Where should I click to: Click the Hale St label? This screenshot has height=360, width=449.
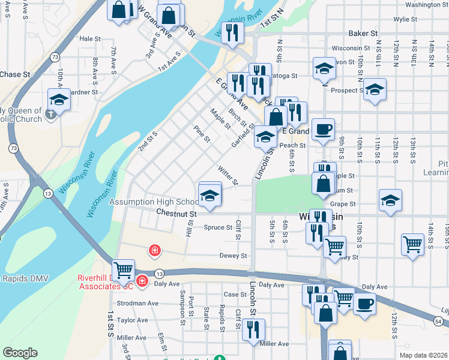tap(89, 38)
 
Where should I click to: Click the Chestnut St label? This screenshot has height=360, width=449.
tap(176, 213)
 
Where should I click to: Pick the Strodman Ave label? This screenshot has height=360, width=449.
tap(137, 304)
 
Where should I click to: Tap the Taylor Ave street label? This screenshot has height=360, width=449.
tap(133, 320)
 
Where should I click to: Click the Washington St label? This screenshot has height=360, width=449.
tap(427, 5)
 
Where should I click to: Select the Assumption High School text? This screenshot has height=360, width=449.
tap(153, 202)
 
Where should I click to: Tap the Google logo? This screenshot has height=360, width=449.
tap(20, 353)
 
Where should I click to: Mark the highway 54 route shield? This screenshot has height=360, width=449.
tap(439, 322)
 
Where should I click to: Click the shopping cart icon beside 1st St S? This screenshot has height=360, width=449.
tap(124, 270)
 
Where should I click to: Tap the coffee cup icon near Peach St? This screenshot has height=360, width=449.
tap(323, 129)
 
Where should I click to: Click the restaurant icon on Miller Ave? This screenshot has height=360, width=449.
tap(253, 329)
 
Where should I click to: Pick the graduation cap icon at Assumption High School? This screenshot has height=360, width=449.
tap(209, 196)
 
